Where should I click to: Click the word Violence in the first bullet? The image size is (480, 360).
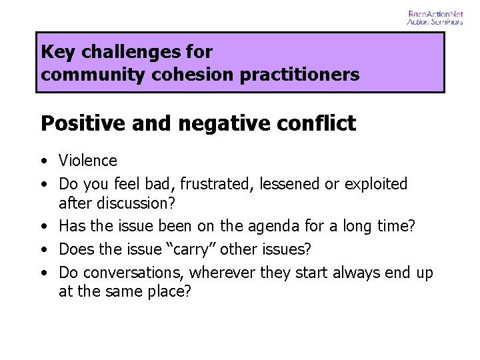(x=88, y=161)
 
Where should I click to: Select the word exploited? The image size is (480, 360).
(x=375, y=183)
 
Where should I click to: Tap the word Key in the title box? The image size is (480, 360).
(x=55, y=52)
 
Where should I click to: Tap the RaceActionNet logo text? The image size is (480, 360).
(x=435, y=13)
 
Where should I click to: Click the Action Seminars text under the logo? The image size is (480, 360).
(x=435, y=22)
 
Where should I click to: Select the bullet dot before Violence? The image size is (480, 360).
(x=44, y=161)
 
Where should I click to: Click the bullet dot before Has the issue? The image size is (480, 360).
(x=44, y=227)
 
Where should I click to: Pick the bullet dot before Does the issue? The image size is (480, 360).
(x=44, y=250)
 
